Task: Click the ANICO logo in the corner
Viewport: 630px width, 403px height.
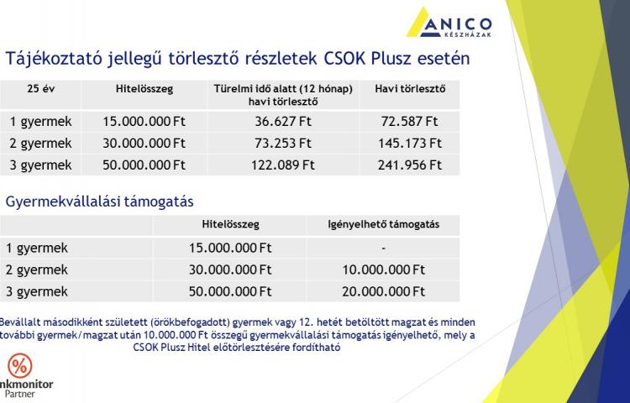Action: (x=449, y=23)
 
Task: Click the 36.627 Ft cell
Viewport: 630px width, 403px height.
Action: (x=283, y=121)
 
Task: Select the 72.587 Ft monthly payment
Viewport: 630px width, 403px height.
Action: (x=409, y=121)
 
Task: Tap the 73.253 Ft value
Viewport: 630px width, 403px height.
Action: (x=283, y=143)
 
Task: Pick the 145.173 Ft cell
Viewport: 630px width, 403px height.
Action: (x=409, y=143)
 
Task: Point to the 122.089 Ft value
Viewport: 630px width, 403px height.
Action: (x=283, y=165)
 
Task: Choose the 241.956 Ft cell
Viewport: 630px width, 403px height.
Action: (x=409, y=165)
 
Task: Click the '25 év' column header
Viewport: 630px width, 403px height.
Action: (x=40, y=89)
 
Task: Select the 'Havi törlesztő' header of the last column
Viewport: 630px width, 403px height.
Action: (x=410, y=89)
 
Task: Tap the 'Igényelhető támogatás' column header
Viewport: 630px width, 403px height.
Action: (x=383, y=224)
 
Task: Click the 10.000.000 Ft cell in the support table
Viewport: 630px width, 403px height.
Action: (x=383, y=270)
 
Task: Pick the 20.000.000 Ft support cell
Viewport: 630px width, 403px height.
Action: (x=383, y=291)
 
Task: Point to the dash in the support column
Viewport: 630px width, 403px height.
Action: (x=383, y=249)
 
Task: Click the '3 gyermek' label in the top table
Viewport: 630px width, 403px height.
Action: (x=40, y=165)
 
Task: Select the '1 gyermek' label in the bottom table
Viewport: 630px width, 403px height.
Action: (x=37, y=248)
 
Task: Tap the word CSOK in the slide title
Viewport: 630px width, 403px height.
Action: (x=344, y=59)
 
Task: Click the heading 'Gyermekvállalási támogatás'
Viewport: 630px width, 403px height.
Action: (x=99, y=201)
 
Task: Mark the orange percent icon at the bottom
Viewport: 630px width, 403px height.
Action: (x=19, y=366)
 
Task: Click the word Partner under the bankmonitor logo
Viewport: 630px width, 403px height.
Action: (x=19, y=394)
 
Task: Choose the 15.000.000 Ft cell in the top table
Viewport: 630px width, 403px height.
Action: (x=144, y=121)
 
